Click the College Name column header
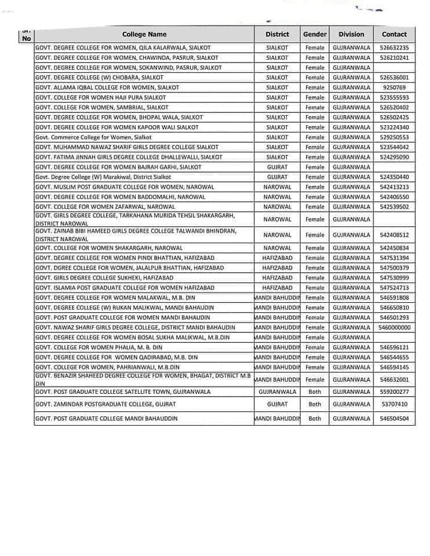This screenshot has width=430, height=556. tap(144, 34)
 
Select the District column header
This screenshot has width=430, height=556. tap(277, 34)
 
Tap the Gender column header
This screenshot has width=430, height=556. tap(315, 34)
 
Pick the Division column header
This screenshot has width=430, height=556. tap(351, 34)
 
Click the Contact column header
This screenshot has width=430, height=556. tap(394, 34)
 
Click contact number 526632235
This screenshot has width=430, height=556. tap(394, 47)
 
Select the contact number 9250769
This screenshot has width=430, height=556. tap(394, 87)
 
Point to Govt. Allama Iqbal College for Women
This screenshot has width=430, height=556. tap(99, 87)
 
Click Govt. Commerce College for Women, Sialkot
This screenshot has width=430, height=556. tap(93, 137)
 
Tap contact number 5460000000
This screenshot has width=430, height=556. tap(394, 327)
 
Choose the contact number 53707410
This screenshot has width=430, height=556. tap(394, 404)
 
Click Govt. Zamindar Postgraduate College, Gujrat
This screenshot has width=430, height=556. tap(105, 404)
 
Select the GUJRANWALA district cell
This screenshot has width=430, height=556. tap(277, 392)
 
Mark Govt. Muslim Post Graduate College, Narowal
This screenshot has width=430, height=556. tap(125, 187)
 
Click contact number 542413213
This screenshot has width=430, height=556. tap(394, 187)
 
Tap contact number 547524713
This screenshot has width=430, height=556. tap(394, 288)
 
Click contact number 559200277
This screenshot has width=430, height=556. tap(394, 392)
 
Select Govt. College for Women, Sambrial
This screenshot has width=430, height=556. tap(101, 107)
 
